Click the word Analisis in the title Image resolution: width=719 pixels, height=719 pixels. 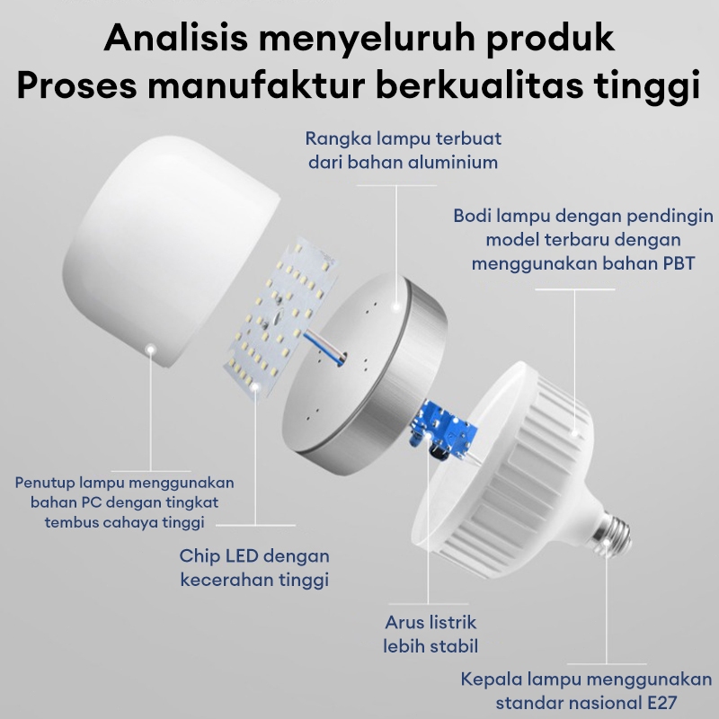175,38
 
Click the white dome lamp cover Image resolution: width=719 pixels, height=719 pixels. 171,251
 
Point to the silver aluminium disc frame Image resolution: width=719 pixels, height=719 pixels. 365,372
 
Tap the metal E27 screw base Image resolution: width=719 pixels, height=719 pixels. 611,535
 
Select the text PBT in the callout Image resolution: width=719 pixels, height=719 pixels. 678,263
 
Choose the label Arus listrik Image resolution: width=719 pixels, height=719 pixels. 431,622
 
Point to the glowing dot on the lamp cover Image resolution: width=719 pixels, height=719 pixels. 150,350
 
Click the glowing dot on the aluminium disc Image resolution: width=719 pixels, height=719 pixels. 395,307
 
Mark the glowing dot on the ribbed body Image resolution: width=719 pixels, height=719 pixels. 574,432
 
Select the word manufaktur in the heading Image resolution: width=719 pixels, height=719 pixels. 256,85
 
